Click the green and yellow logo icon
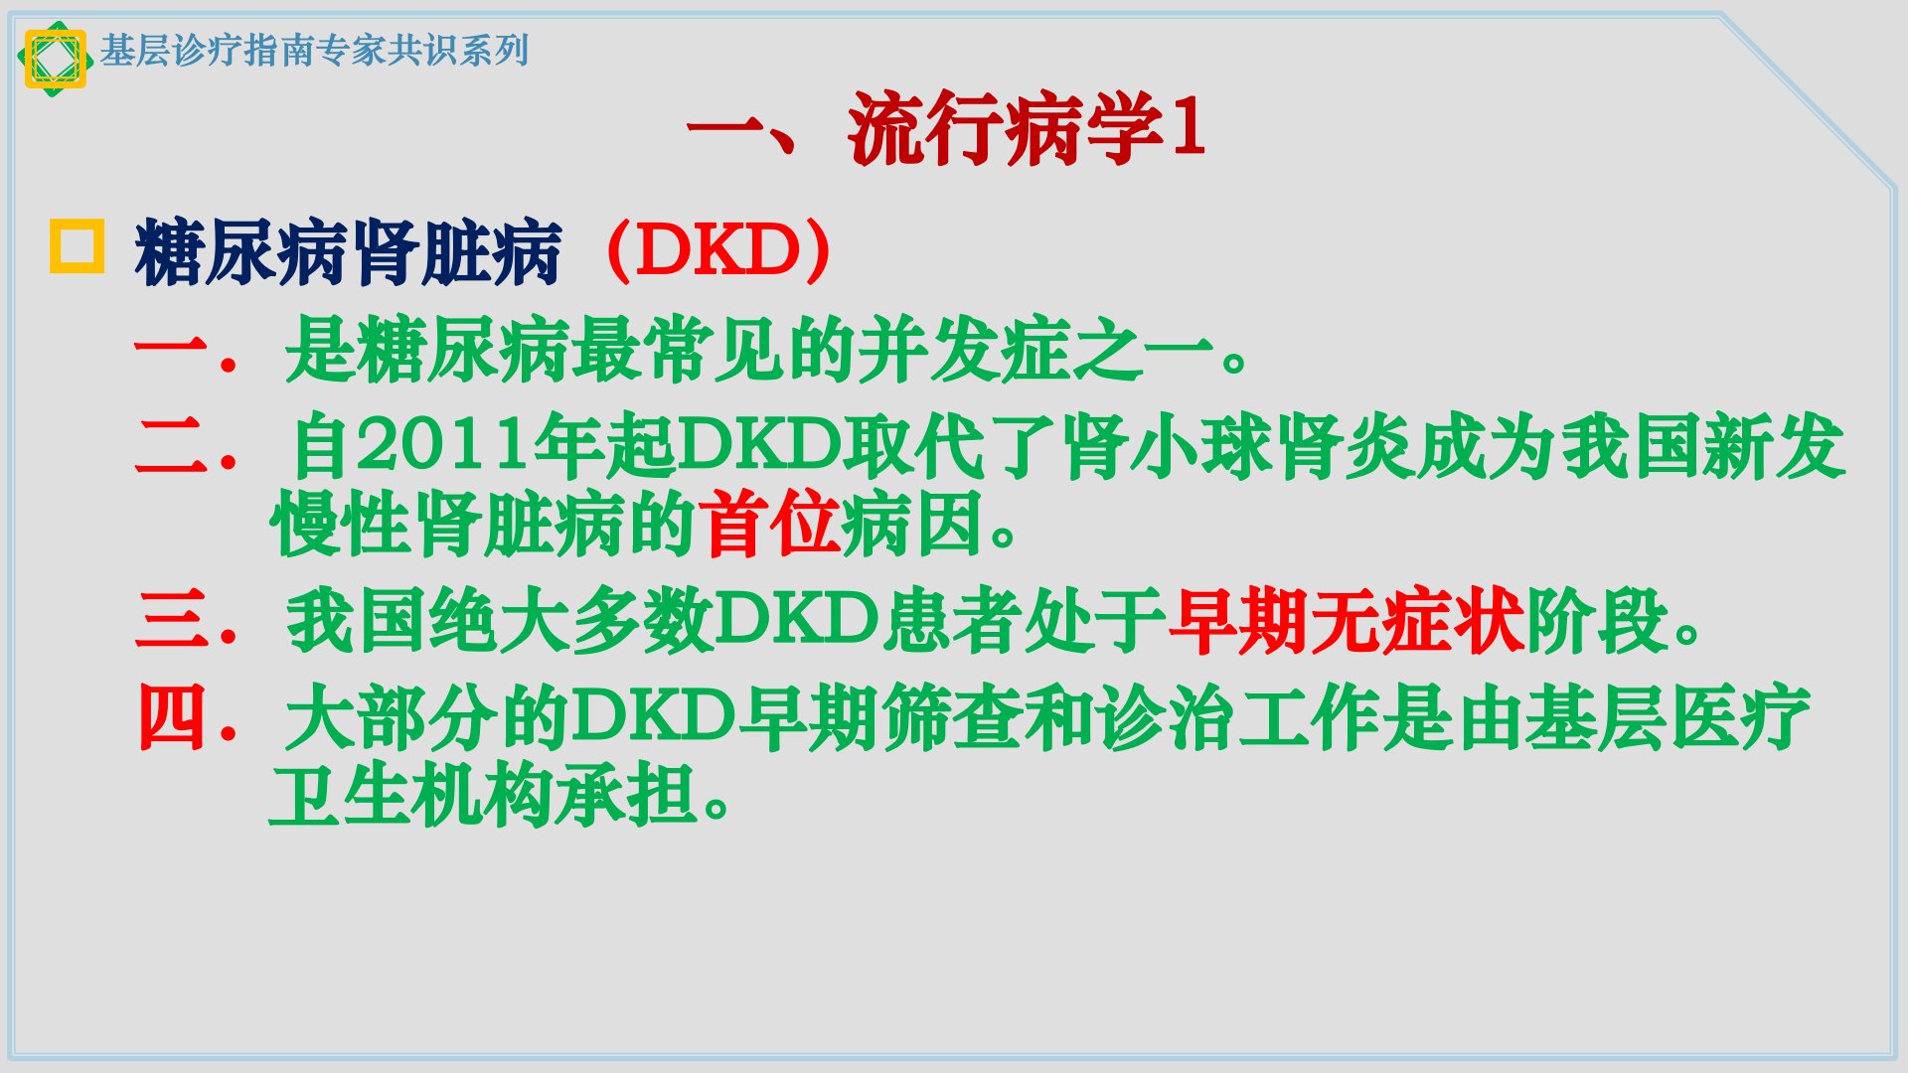click(56, 59)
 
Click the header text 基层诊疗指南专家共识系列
click(314, 50)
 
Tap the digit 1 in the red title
click(1189, 127)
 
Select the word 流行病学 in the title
click(1005, 128)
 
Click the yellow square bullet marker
click(77, 245)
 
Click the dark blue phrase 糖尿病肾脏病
click(349, 252)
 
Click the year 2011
click(442, 445)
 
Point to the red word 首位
click(768, 524)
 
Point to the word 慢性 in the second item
click(341, 524)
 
